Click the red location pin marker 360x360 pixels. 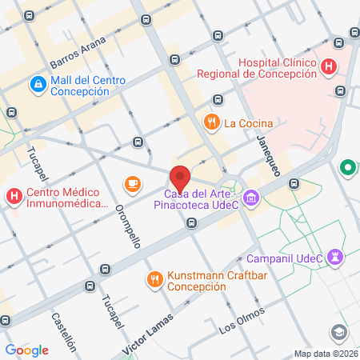(x=180, y=177)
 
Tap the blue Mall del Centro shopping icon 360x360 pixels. (x=38, y=84)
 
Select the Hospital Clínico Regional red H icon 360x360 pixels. (x=328, y=68)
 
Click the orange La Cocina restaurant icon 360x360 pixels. (x=211, y=122)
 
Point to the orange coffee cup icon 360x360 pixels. (x=133, y=184)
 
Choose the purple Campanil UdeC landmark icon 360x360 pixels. (x=336, y=256)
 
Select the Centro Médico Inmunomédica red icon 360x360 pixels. (x=14, y=196)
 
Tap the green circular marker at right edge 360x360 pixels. (x=348, y=169)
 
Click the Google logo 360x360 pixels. (x=27, y=350)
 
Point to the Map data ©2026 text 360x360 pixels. (x=326, y=354)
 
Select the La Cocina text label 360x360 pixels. (x=249, y=123)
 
